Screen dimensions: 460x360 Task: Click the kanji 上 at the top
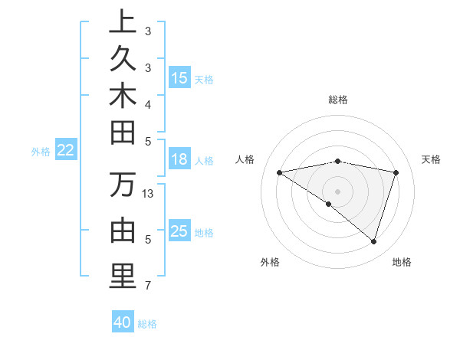point(123,23)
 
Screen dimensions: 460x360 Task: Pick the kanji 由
point(123,231)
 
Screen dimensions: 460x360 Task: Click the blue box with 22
point(66,151)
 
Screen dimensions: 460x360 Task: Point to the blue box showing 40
point(123,323)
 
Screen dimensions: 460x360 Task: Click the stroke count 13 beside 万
point(149,193)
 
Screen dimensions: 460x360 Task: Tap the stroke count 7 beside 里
point(148,286)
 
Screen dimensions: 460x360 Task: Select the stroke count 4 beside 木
point(148,104)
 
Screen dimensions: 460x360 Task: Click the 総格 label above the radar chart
point(338,100)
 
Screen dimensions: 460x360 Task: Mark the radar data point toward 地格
point(373,241)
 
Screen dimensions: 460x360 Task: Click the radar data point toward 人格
point(280,172)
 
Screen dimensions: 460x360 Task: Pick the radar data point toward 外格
point(329,204)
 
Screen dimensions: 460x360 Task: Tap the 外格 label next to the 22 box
point(41,152)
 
